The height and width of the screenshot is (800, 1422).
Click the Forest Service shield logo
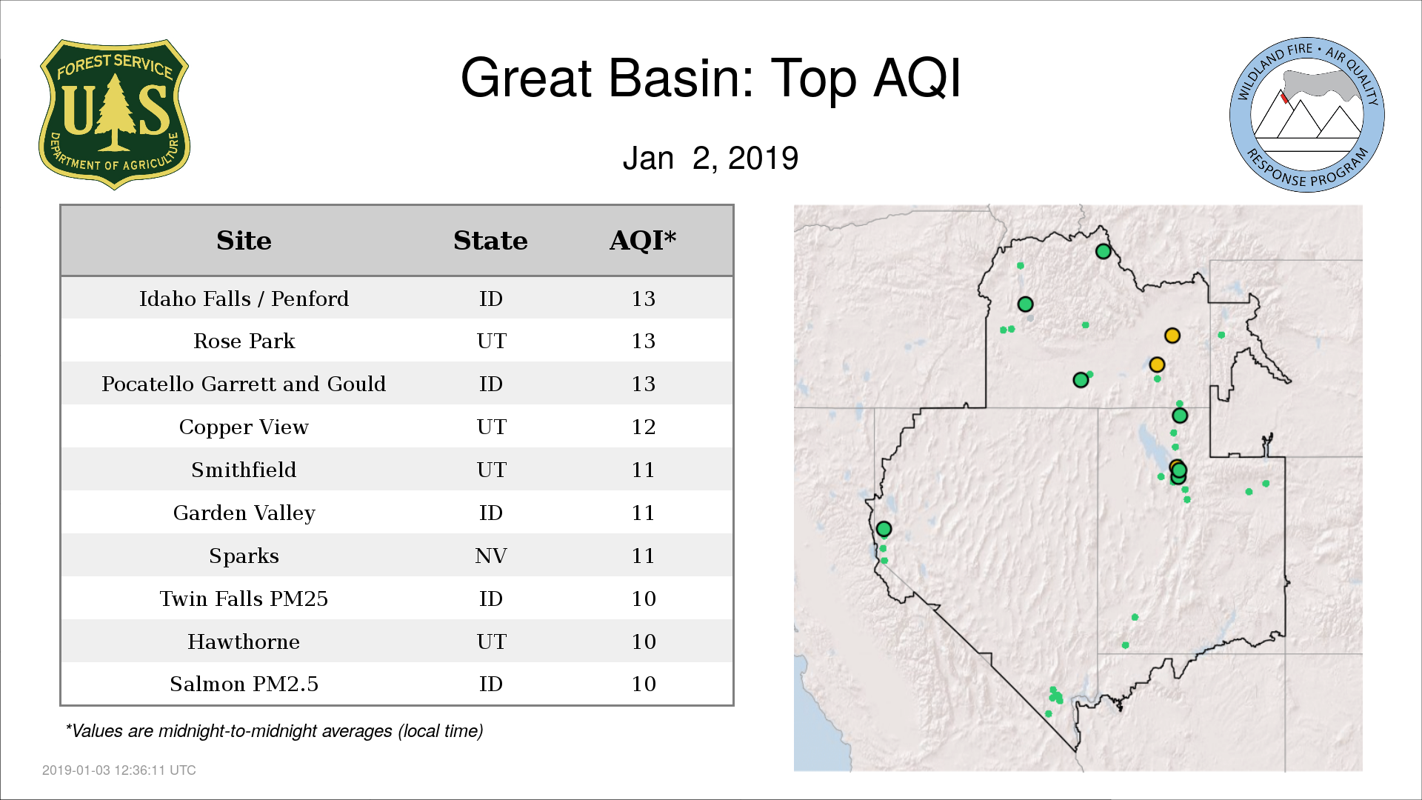pos(114,115)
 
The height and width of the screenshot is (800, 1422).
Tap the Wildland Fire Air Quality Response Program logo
pos(1307,115)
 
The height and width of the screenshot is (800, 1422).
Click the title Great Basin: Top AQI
pos(711,78)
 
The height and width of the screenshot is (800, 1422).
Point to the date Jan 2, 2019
pos(710,158)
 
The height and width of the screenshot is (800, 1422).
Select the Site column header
pos(244,241)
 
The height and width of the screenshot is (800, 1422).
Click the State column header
pos(490,241)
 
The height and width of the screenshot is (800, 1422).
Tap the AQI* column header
pos(643,240)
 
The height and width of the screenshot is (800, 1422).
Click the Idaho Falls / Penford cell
pos(244,299)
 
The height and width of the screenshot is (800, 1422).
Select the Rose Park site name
pos(244,341)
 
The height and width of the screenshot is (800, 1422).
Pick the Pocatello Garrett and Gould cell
pos(244,384)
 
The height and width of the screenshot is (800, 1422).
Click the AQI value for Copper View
pos(643,427)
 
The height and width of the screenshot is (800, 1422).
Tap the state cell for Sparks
pos(490,556)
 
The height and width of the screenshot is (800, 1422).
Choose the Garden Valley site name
pos(244,513)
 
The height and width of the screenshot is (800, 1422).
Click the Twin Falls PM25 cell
pos(244,599)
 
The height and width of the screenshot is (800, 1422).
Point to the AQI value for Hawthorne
pos(643,641)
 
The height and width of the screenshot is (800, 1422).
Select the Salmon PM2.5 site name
pos(244,684)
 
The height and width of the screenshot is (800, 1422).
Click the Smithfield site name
pos(244,470)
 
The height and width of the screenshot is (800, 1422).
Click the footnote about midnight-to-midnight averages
pos(274,731)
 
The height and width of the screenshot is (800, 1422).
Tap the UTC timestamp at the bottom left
pos(119,770)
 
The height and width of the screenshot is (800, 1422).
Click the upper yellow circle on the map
pos(1172,336)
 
